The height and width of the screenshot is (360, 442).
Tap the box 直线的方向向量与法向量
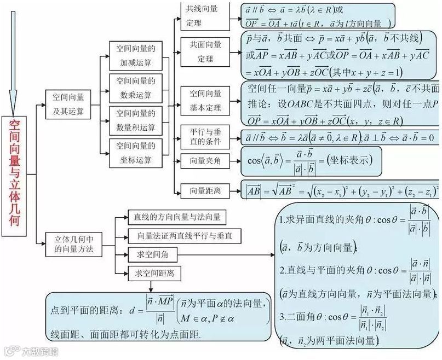[176, 217]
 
